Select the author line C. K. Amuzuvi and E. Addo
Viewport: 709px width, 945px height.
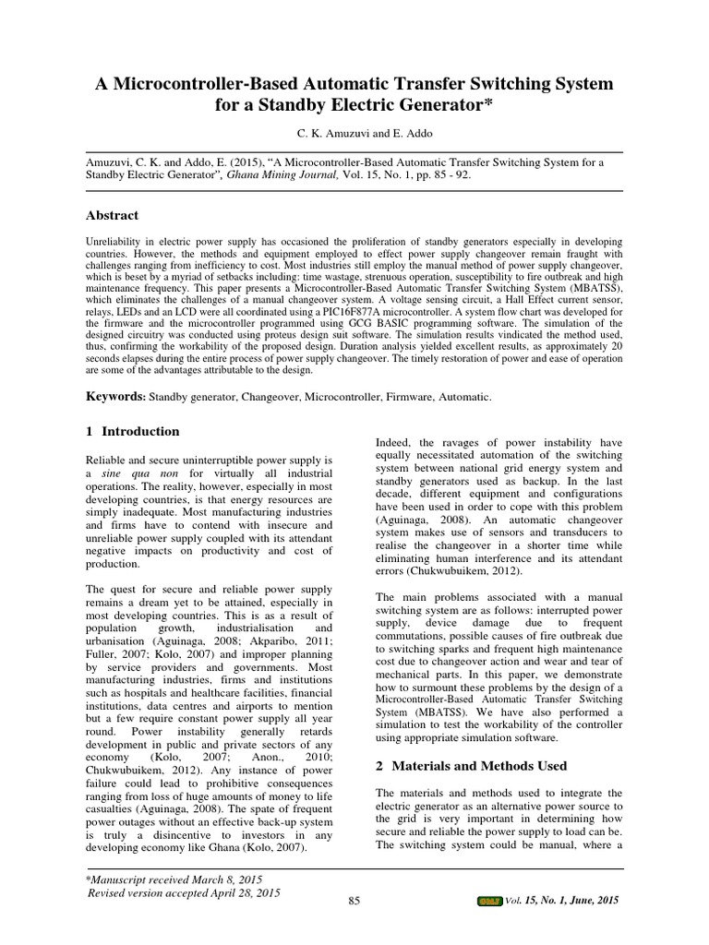tap(354, 134)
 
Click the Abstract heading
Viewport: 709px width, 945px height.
tap(112, 215)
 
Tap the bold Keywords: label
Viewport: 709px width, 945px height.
tap(115, 397)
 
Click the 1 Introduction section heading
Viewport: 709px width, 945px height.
tap(132, 431)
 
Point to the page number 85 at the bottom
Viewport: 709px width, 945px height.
tap(354, 902)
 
